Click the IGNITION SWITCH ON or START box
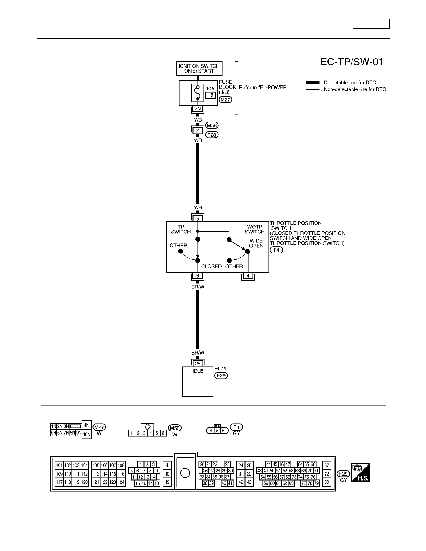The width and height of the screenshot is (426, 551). pyautogui.click(x=199, y=69)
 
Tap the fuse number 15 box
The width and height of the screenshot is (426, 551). pyautogui.click(x=210, y=95)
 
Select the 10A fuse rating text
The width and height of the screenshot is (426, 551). pyautogui.click(x=210, y=89)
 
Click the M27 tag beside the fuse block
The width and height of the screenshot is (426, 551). pyautogui.click(x=225, y=100)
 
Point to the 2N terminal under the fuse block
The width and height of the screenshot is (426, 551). pyautogui.click(x=198, y=109)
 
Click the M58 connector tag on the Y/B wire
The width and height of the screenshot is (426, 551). pyautogui.click(x=212, y=125)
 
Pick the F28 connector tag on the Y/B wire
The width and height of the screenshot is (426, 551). pyautogui.click(x=212, y=135)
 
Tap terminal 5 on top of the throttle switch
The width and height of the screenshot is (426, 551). pyautogui.click(x=198, y=219)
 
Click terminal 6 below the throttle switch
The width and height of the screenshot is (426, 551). pyautogui.click(x=198, y=276)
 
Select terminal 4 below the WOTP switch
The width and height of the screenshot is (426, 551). pyautogui.click(x=248, y=276)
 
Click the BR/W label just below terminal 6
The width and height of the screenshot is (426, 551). pyautogui.click(x=198, y=287)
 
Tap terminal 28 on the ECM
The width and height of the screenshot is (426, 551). pyautogui.click(x=198, y=364)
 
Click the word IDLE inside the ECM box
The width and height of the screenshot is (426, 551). pyautogui.click(x=198, y=371)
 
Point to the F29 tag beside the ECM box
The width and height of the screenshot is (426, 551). pyautogui.click(x=221, y=375)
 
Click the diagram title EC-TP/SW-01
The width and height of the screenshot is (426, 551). pyautogui.click(x=352, y=62)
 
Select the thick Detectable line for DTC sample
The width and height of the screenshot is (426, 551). pyautogui.click(x=313, y=83)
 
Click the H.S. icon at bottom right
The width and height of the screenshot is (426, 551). pyautogui.click(x=360, y=472)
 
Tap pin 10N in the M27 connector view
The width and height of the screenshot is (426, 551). pyautogui.click(x=87, y=434)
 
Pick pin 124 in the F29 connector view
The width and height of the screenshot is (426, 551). pyautogui.click(x=121, y=482)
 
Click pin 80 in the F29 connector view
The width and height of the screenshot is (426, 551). pyautogui.click(x=327, y=482)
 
